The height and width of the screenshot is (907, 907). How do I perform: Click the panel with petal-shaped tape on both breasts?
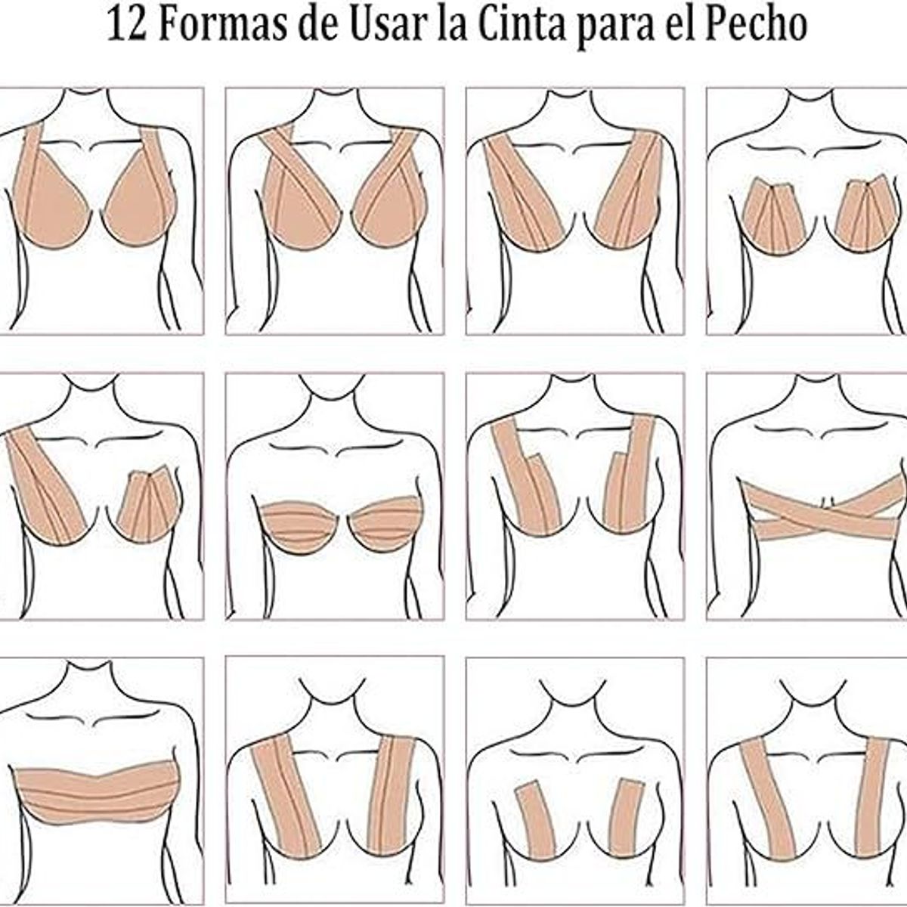point(806,212)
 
